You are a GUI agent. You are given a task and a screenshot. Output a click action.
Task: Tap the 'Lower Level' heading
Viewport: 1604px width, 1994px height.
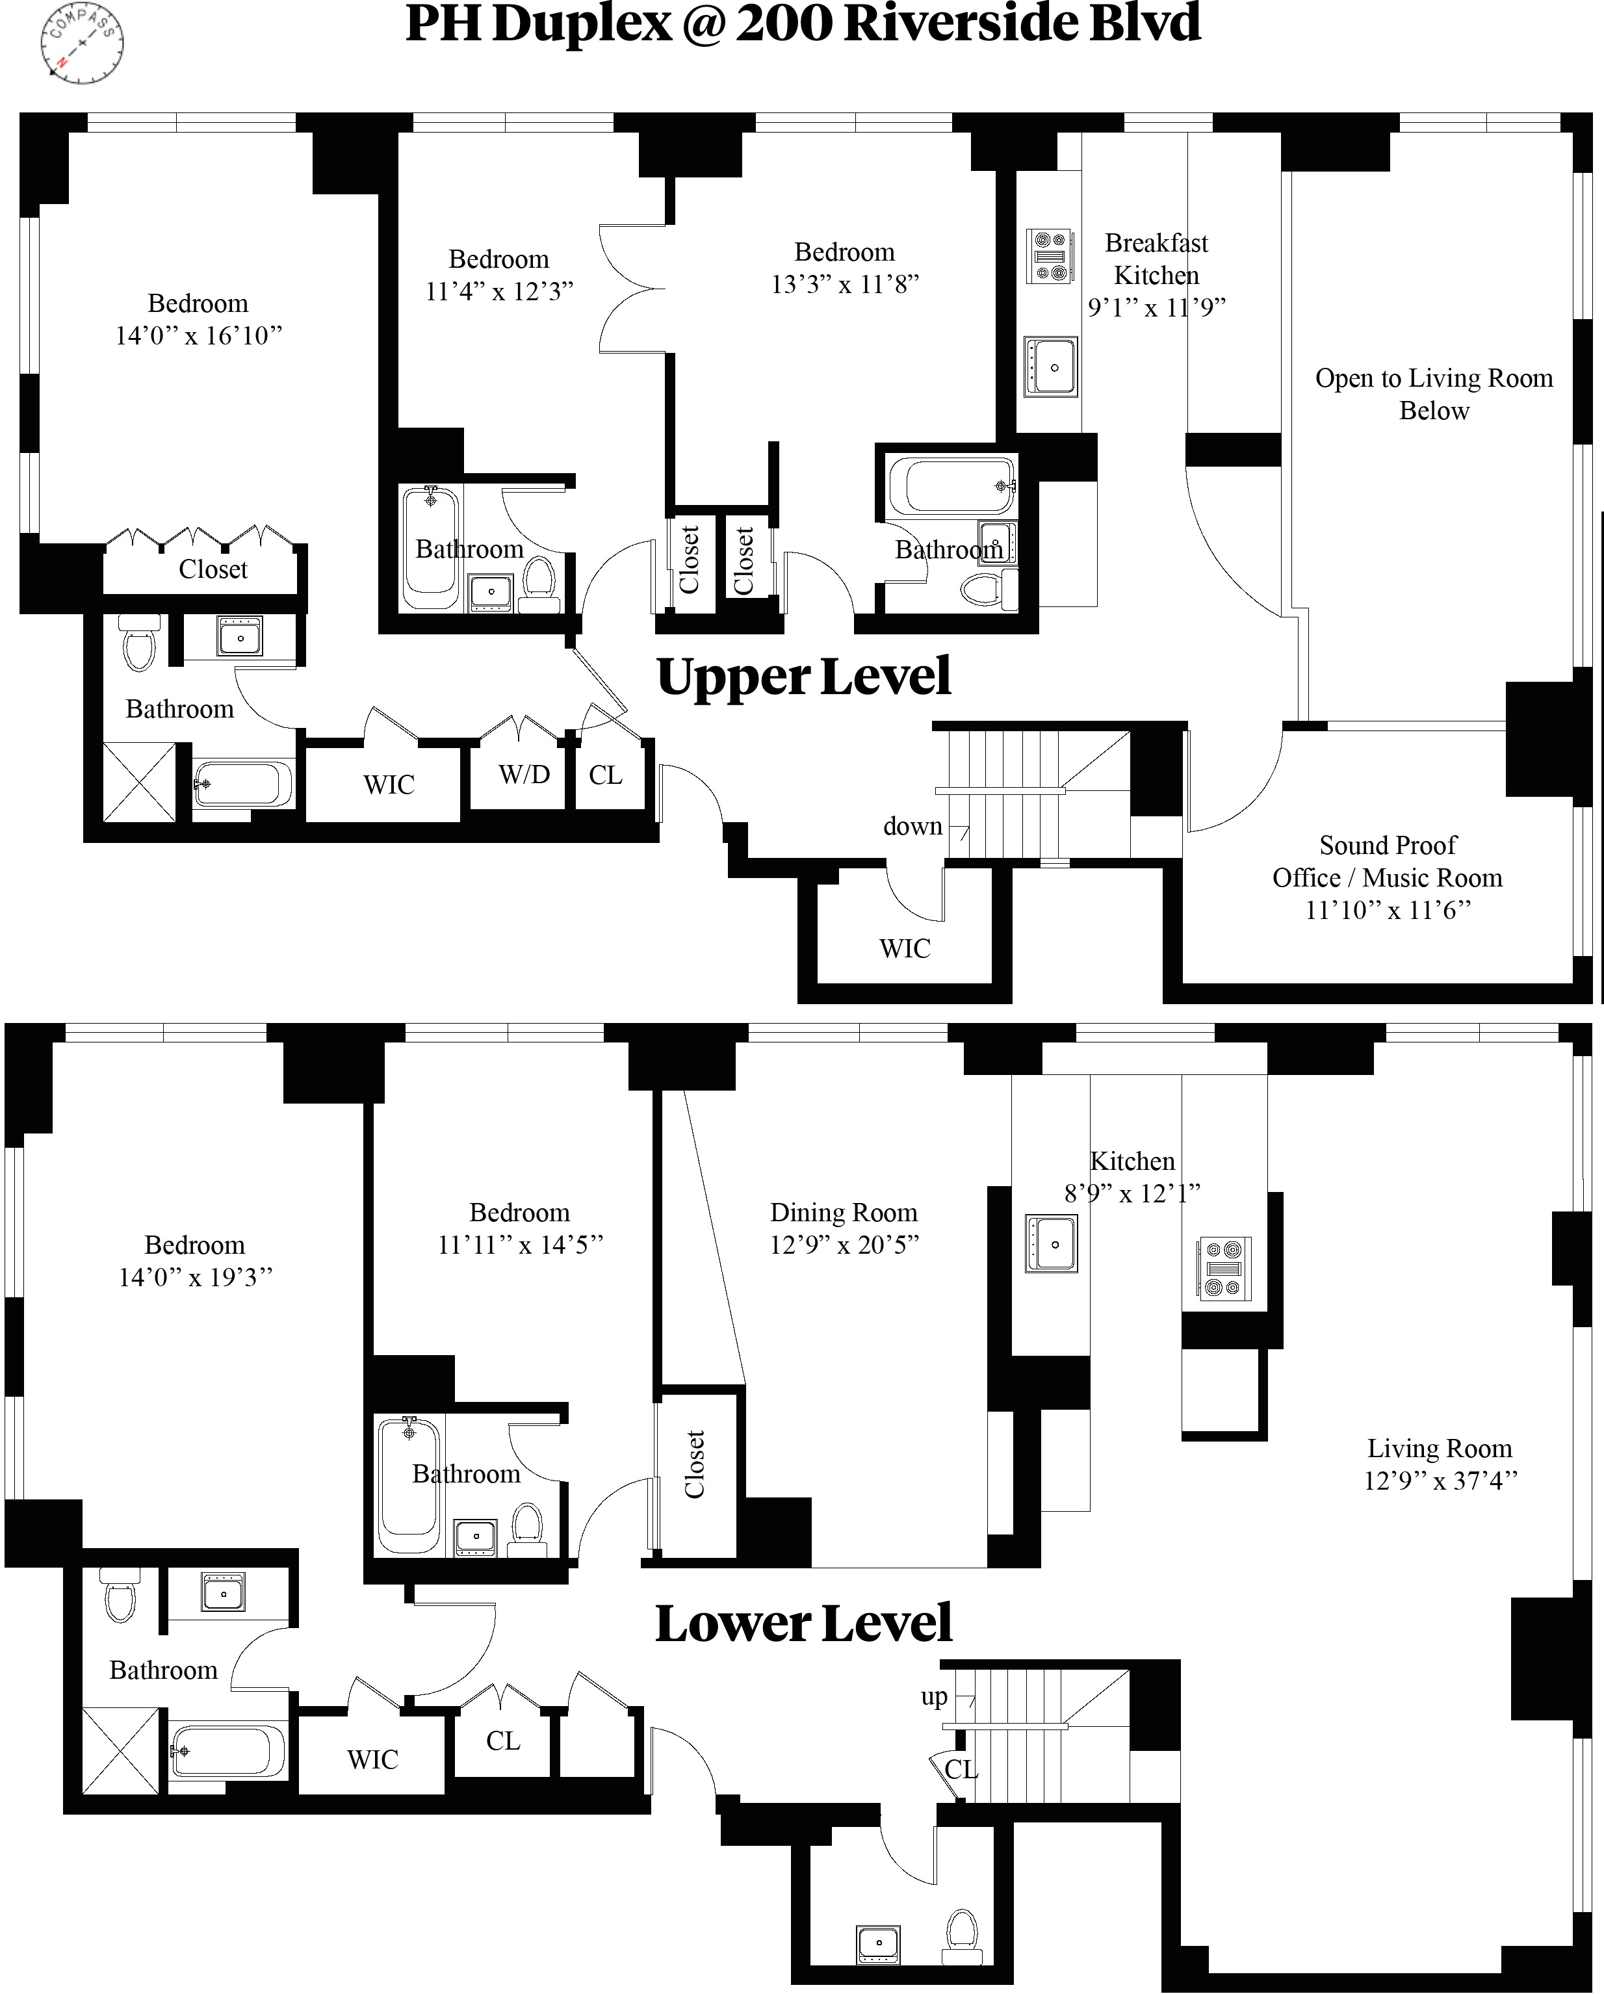coord(803,1623)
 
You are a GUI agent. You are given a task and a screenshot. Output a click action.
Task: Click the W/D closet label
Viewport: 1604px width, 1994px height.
coord(524,774)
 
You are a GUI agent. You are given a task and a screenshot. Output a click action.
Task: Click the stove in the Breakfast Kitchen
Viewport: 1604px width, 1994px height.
coord(1050,256)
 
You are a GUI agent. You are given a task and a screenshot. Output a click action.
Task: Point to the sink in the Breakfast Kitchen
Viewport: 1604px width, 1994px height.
coord(1051,367)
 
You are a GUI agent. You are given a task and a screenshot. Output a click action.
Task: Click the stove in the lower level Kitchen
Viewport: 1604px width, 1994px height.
coord(1224,1268)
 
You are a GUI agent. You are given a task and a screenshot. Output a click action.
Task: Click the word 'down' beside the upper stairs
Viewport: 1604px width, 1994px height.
coord(912,827)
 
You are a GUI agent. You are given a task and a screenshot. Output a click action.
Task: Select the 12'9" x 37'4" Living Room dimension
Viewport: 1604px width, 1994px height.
coord(1440,1481)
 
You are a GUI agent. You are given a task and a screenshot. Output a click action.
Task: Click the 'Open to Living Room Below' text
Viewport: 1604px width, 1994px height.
coord(1434,394)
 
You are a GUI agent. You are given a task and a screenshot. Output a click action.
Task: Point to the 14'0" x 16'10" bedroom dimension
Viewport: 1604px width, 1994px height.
coord(198,336)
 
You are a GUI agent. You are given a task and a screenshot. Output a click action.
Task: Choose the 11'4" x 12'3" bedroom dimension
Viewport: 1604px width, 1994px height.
coord(498,291)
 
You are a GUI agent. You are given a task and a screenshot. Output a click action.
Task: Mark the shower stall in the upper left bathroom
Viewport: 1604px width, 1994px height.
coord(138,781)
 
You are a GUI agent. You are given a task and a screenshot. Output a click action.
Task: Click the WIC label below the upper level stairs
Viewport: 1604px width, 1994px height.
coord(905,949)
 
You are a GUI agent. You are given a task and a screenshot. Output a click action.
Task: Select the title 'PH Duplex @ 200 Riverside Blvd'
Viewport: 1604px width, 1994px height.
coord(803,24)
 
